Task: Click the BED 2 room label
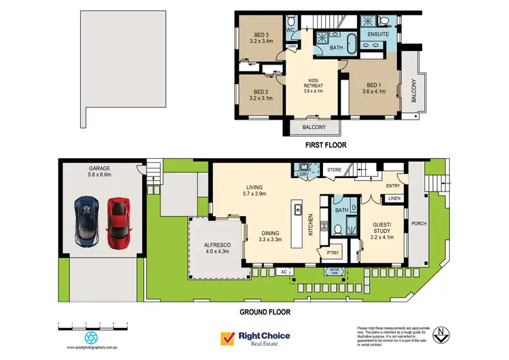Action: click(x=260, y=95)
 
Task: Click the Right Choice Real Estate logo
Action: click(x=254, y=338)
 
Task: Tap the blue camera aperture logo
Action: click(x=90, y=336)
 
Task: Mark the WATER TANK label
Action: click(x=335, y=271)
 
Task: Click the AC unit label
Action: click(x=284, y=272)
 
